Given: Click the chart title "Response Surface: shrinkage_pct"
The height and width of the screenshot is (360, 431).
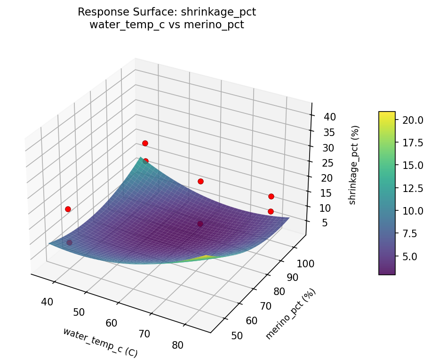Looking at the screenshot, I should point(167,12).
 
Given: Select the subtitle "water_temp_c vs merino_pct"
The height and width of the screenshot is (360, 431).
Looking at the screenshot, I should point(167,25).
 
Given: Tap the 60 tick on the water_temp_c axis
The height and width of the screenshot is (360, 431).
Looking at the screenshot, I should point(112,323).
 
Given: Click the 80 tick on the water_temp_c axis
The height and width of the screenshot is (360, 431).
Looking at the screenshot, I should point(177,345).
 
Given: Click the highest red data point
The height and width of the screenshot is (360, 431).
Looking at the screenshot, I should point(145,143).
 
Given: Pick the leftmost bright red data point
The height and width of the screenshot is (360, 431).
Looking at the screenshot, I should point(68,209).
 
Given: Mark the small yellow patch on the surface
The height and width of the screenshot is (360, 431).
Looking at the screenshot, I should point(207,257).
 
